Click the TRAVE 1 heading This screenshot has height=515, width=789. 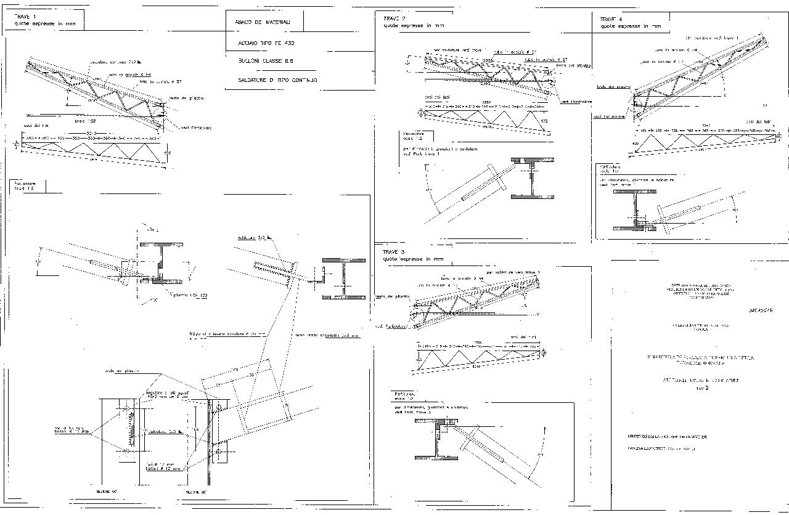point(25,17)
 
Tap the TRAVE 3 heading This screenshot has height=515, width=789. point(393,252)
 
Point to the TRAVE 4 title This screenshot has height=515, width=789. point(611,19)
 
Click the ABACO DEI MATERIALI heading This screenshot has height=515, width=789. point(263,22)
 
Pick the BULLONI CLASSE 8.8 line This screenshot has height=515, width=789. point(266,62)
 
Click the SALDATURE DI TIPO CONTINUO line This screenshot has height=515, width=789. point(277,80)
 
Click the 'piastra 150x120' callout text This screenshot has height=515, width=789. point(190,296)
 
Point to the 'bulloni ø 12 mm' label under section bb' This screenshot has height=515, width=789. point(164,469)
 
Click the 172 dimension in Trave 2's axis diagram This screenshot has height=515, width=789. point(544,121)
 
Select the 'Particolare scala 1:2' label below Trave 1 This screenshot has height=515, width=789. point(25,185)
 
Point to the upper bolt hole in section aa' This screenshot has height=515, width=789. point(126,408)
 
